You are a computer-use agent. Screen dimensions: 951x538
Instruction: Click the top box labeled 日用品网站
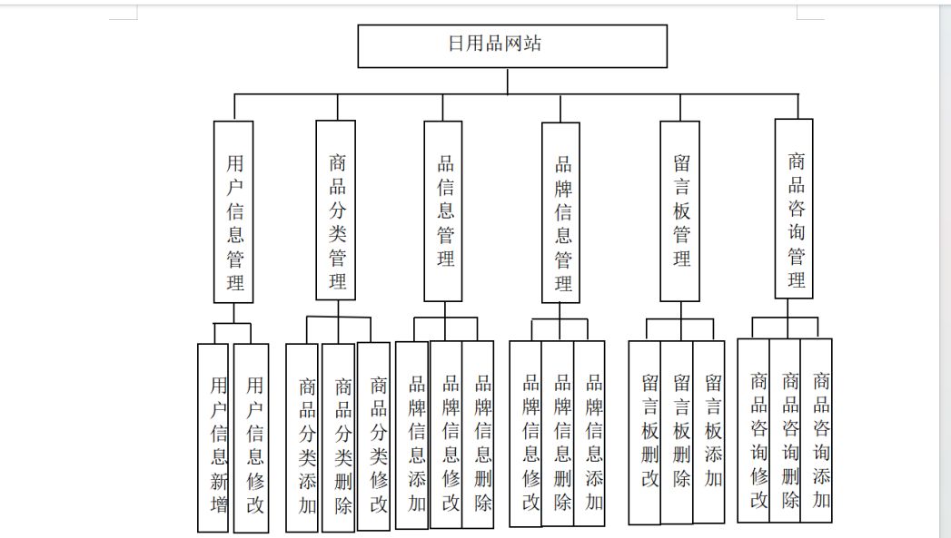(x=512, y=46)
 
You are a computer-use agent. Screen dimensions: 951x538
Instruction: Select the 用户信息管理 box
(x=233, y=212)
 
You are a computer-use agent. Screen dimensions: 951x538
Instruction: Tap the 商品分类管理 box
(x=335, y=210)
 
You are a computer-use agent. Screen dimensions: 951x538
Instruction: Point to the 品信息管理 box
(x=442, y=210)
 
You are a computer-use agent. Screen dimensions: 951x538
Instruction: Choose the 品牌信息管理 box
(x=560, y=212)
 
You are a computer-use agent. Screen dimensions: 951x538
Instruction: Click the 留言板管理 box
(x=680, y=210)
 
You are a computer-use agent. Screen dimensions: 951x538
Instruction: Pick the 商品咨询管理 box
(x=794, y=209)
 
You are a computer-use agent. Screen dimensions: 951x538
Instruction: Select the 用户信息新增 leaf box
(x=213, y=438)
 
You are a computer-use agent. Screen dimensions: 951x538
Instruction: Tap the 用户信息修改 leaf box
(x=251, y=438)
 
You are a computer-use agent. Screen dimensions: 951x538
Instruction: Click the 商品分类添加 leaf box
(x=302, y=437)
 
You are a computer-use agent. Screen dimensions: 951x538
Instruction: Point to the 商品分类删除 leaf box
(x=338, y=437)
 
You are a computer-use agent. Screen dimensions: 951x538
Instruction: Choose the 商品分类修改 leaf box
(x=373, y=436)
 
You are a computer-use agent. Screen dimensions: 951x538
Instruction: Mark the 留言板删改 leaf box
(x=645, y=433)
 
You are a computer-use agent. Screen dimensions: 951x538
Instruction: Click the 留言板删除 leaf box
(x=677, y=432)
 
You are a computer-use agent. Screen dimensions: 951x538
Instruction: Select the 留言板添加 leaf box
(x=709, y=431)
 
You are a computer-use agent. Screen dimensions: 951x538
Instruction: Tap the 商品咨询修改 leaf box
(x=753, y=430)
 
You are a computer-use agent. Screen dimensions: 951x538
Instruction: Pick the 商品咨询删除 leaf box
(x=785, y=430)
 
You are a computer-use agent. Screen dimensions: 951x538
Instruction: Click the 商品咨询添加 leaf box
(x=817, y=430)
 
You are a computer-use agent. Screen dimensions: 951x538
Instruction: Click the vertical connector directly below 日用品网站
(x=508, y=81)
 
